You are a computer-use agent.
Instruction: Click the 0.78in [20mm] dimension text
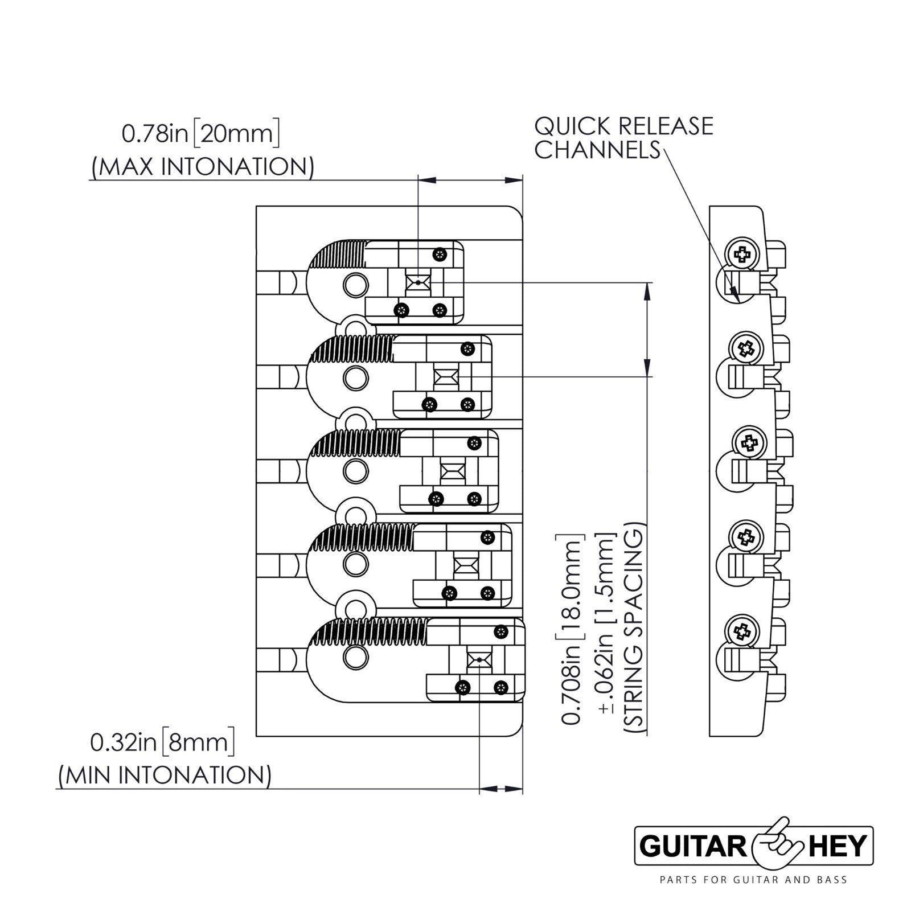pos(200,135)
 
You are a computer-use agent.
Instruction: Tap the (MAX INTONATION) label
pos(203,167)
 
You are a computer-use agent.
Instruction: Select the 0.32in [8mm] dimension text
pos(162,743)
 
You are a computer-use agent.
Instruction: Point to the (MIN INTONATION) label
pos(165,775)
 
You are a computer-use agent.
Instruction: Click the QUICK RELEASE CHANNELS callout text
pos(623,138)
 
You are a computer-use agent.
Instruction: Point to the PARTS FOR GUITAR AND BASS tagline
pos(753,880)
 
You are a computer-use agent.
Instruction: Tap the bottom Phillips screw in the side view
pos(741,630)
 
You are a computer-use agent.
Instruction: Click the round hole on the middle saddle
pos(354,471)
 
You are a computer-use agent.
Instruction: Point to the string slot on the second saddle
pos(446,376)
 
